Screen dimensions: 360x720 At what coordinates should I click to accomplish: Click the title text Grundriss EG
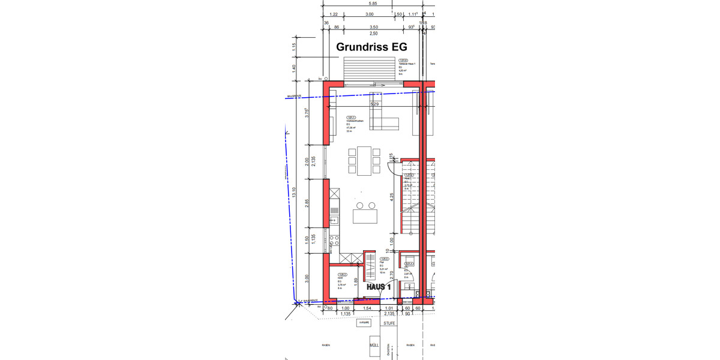(x=371, y=47)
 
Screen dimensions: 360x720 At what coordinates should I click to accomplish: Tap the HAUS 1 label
(x=379, y=287)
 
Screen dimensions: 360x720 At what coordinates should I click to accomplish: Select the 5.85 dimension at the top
(x=374, y=3)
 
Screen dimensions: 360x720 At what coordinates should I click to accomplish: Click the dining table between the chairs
(x=365, y=161)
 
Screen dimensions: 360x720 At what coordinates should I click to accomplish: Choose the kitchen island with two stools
(x=365, y=215)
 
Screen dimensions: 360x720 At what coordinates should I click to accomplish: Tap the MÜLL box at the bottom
(x=374, y=346)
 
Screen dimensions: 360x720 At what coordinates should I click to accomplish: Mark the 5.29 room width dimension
(x=375, y=104)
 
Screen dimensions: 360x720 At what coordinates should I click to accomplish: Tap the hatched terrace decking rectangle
(x=369, y=70)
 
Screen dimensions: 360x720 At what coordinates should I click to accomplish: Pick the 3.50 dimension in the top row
(x=373, y=27)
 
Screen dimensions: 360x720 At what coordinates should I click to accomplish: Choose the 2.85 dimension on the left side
(x=307, y=202)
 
